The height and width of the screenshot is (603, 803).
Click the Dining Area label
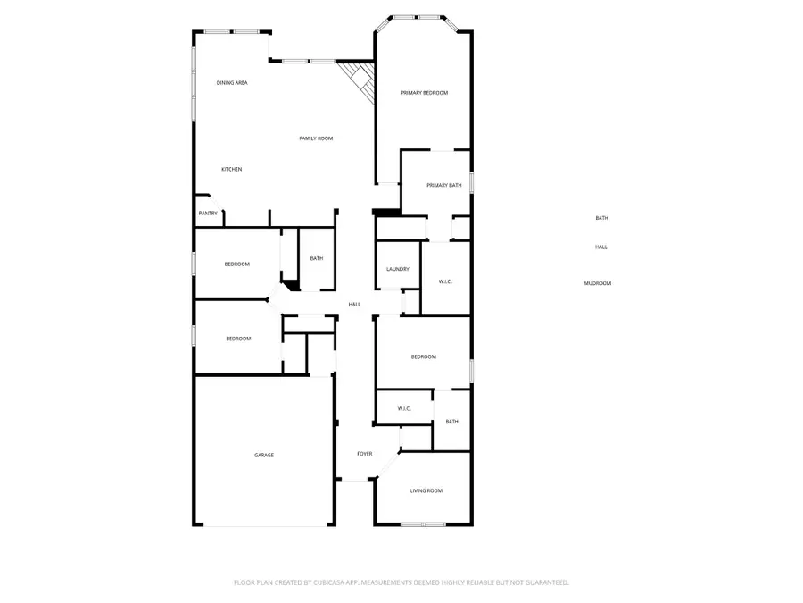[232, 83]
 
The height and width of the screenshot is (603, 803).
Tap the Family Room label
[316, 138]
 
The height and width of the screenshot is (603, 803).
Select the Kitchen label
[232, 169]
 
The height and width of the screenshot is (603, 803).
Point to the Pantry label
[208, 214]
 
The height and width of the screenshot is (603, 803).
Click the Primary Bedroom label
[424, 93]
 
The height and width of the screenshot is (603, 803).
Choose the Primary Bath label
[443, 185]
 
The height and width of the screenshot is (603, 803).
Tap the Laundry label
[397, 269]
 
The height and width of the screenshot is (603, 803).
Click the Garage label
[264, 456]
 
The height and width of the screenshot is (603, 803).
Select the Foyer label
[365, 454]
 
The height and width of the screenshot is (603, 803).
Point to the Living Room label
[426, 490]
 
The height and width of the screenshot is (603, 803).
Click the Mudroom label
[598, 283]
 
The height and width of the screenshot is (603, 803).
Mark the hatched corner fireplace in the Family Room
[359, 79]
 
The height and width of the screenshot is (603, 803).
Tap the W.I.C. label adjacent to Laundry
[445, 282]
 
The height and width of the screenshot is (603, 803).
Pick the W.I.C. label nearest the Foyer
[403, 409]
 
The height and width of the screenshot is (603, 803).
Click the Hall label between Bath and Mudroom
[601, 247]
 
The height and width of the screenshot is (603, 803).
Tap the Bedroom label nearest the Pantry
[237, 264]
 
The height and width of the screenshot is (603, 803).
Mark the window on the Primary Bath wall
[471, 182]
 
